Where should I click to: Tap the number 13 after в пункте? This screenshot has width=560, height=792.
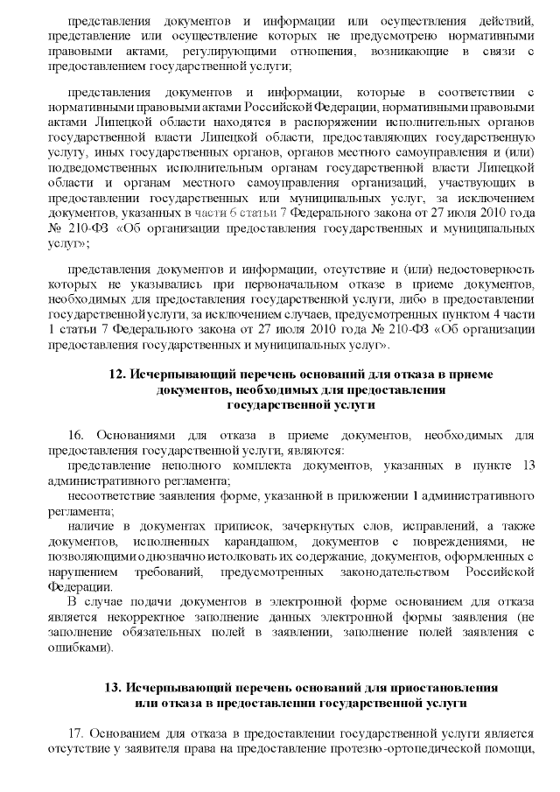526,465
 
